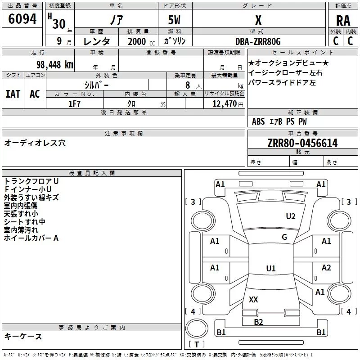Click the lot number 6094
[22, 19]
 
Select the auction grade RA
[343, 21]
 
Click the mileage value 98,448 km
[55, 64]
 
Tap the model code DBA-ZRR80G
[258, 41]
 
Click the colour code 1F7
[74, 103]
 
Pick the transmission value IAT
[13, 94]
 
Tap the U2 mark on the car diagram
[291, 216]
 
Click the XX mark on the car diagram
[253, 299]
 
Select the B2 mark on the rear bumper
[258, 322]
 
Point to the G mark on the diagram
[284, 237]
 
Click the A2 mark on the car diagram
[326, 268]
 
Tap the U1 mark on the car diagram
[270, 269]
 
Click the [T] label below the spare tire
[196, 345]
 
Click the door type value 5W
[175, 21]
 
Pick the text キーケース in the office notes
[23, 337]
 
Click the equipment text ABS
[258, 121]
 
